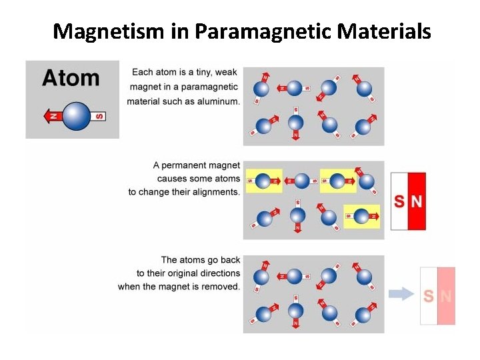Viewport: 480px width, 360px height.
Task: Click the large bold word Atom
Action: click(71, 78)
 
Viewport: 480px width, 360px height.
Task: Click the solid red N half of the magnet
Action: click(417, 201)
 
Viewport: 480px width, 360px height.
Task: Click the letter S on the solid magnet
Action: click(399, 201)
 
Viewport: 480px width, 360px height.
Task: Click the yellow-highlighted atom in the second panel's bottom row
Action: click(361, 216)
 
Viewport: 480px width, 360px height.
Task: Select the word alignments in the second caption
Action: click(216, 192)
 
